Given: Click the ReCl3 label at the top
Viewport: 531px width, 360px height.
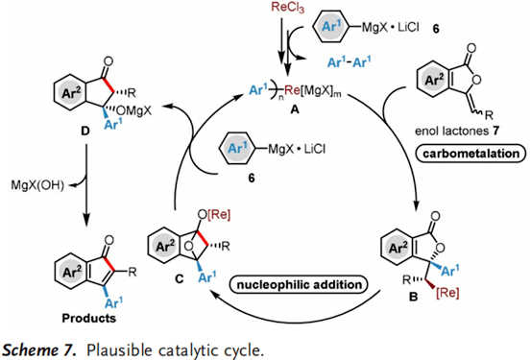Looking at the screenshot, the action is [287, 8].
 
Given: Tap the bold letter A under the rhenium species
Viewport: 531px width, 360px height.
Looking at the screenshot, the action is [295, 109].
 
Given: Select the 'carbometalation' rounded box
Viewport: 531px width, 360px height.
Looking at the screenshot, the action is [471, 154].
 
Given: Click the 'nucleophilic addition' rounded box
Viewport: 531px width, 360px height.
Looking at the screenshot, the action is [299, 284].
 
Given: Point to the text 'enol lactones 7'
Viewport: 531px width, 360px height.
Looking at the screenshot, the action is [457, 131].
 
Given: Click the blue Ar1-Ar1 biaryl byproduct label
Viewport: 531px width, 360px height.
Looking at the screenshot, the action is [349, 62].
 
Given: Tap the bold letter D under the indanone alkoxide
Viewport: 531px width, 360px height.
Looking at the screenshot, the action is [85, 131].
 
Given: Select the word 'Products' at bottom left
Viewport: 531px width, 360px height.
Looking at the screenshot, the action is [88, 318].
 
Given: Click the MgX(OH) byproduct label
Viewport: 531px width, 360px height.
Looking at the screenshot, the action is [37, 185].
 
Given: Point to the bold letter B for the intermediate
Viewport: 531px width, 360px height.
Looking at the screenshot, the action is [414, 297].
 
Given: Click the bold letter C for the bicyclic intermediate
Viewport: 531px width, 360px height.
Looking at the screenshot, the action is [180, 278].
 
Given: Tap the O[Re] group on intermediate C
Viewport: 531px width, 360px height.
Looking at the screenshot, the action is [214, 215].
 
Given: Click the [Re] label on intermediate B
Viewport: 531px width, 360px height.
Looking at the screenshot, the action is [447, 293].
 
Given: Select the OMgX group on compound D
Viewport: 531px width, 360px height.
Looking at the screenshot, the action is [133, 110].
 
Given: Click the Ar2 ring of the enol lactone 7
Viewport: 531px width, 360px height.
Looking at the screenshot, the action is [434, 80].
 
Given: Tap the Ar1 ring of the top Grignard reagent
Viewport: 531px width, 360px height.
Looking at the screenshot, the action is [330, 26].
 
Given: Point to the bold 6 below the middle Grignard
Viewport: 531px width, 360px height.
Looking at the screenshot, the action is [252, 178].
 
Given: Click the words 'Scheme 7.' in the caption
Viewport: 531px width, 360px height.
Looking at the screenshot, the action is [38, 350].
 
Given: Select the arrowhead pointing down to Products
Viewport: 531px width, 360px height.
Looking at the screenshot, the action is [86, 221].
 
